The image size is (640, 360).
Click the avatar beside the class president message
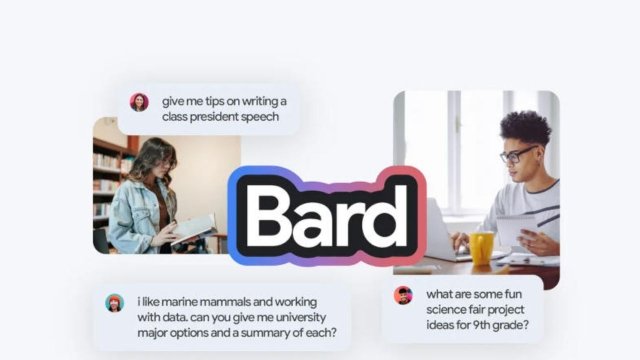(x=139, y=102)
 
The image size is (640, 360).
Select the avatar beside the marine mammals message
(x=114, y=303)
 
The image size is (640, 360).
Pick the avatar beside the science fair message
(x=403, y=295)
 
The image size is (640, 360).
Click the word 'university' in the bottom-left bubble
(x=269, y=313)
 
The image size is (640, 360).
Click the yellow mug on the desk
(x=482, y=247)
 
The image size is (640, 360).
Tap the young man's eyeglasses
(x=517, y=154)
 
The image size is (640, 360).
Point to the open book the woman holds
(x=194, y=229)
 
